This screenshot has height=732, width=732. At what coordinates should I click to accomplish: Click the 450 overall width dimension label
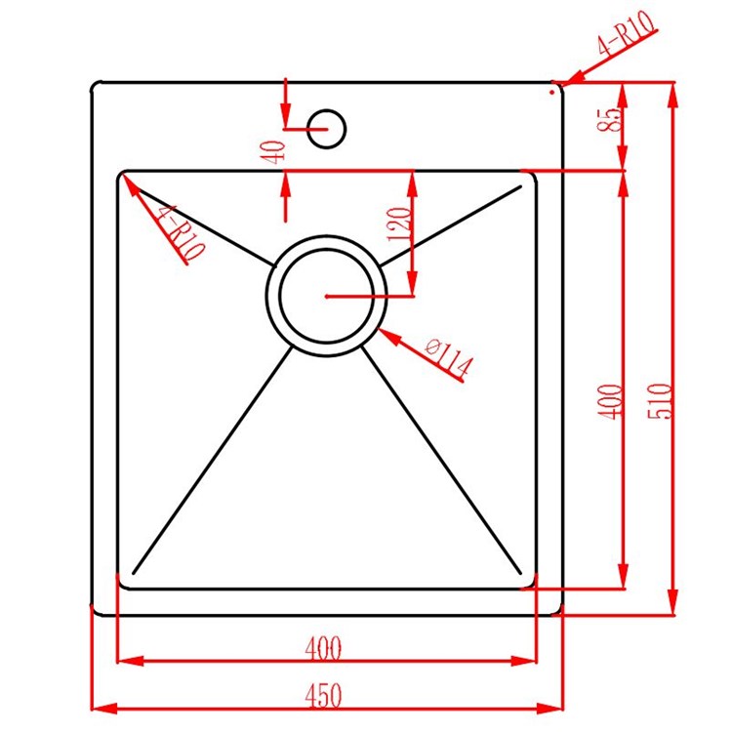(323, 696)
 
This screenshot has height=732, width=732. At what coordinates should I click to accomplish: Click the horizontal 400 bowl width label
(323, 648)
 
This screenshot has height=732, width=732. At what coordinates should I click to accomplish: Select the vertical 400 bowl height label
(610, 401)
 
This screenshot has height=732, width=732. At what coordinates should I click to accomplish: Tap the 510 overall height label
(660, 400)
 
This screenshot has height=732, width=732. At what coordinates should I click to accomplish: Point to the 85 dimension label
(611, 120)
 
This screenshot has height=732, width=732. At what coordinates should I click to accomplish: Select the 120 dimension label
(399, 224)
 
